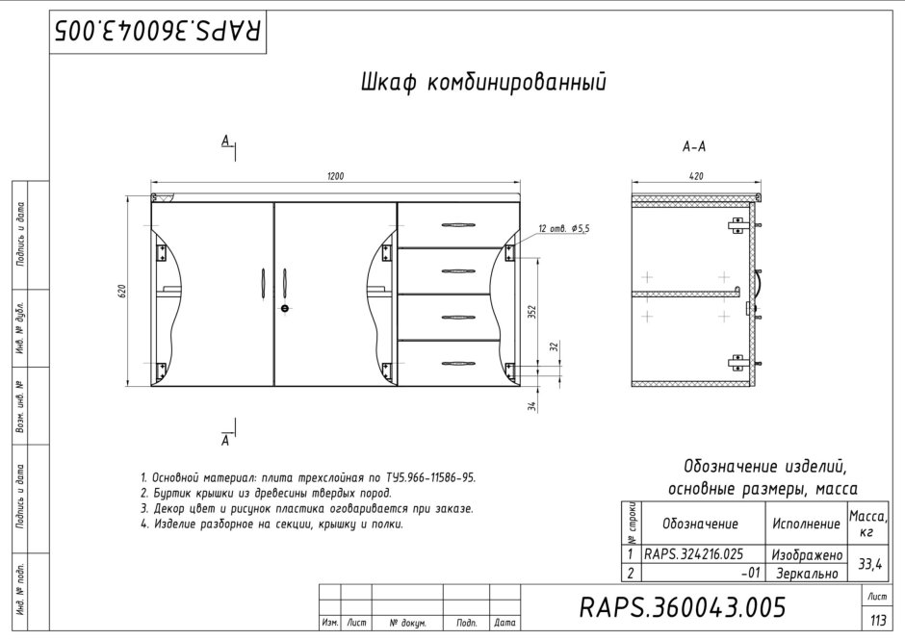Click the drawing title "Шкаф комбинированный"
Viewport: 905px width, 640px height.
click(x=483, y=83)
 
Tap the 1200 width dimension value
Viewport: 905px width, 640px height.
click(x=335, y=176)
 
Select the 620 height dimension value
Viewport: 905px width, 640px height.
click(x=121, y=292)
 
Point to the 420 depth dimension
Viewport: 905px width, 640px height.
click(x=697, y=176)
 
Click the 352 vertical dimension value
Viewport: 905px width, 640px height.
click(x=532, y=312)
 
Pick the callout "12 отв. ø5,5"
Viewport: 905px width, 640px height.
click(x=564, y=229)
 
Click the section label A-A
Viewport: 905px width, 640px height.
click(x=694, y=147)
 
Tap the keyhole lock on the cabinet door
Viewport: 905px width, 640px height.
click(x=285, y=308)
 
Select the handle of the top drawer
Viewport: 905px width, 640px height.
click(x=459, y=224)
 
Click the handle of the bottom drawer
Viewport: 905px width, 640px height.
click(x=459, y=364)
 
